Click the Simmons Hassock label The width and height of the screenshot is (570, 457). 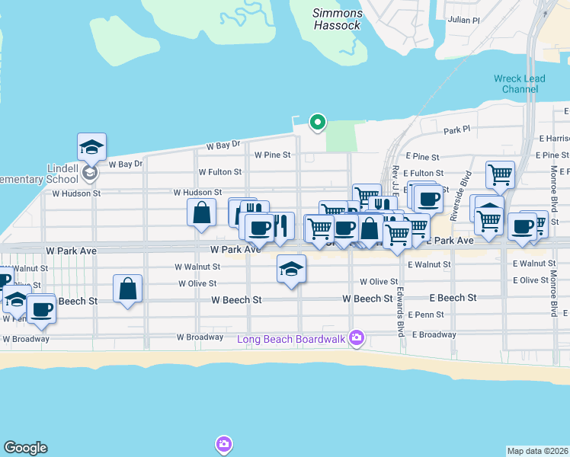pos(338,19)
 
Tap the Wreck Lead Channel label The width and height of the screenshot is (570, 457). pos(516,84)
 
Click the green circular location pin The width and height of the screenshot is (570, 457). pos(317,122)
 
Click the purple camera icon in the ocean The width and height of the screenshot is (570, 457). pos(223,443)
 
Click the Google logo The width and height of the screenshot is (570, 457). pos(25,448)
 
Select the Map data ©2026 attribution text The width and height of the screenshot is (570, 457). pos(537,451)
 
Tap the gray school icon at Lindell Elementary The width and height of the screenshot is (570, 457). pos(90,174)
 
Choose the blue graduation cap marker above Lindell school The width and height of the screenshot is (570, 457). pos(91,146)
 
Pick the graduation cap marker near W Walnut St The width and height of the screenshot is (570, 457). pos(290,269)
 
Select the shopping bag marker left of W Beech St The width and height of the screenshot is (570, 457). pos(127,289)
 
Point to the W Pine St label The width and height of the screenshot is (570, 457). pos(272,155)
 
